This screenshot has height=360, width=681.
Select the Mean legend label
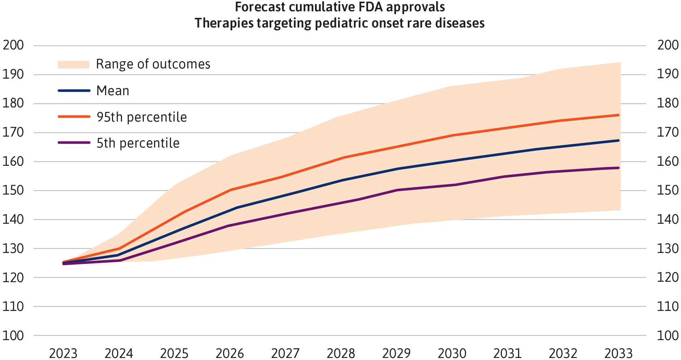(113, 91)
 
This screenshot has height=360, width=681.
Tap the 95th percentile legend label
(142, 118)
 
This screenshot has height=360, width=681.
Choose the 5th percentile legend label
(138, 143)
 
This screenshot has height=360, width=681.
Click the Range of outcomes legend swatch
(73, 64)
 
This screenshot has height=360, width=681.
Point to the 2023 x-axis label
(63, 354)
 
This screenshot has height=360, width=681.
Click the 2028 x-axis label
(341, 354)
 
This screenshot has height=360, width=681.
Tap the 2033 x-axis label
(619, 354)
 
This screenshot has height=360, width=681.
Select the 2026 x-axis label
(230, 354)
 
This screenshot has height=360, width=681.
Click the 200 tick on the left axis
(13, 45)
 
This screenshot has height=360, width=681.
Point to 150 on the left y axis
(13, 191)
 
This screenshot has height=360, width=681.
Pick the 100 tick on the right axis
(668, 336)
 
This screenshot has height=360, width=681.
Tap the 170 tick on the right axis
(668, 133)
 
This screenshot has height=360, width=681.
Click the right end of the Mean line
(619, 140)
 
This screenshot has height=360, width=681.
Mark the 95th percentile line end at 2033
(619, 115)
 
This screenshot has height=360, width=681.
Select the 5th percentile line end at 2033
(619, 168)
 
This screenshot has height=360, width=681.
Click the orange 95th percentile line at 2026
(230, 190)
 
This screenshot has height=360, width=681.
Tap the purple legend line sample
(74, 143)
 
